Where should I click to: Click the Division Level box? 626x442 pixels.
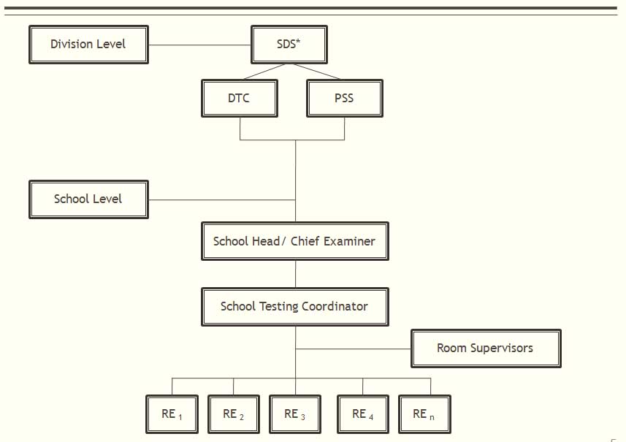pos(88,45)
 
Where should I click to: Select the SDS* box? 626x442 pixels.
pos(289,45)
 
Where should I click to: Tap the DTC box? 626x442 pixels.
pos(240,98)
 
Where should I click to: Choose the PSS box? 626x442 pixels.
pos(345,98)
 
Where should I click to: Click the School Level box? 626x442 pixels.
pos(88,199)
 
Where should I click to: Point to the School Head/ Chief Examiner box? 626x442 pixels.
pos(295,241)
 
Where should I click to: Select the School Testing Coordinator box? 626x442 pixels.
pos(295,307)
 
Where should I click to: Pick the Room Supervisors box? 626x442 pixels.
pos(486,348)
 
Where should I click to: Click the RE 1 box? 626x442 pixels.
pos(172,414)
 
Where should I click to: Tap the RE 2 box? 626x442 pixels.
pos(234,414)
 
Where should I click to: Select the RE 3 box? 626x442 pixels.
pos(295,414)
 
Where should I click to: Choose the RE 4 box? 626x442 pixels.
pos(363,414)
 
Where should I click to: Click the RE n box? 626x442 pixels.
pos(425,414)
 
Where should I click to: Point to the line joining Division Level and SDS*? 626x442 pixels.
pos(199,45)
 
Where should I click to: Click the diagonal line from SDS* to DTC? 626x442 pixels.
pos(264,72)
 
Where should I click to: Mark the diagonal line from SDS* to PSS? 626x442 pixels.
pos(316,72)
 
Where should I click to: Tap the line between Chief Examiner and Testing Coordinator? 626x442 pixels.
pos(295,274)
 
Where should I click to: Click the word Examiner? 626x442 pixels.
pos(349,241)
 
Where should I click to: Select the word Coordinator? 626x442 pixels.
pos(335,306)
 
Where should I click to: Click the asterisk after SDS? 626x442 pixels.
pos(298,40)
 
